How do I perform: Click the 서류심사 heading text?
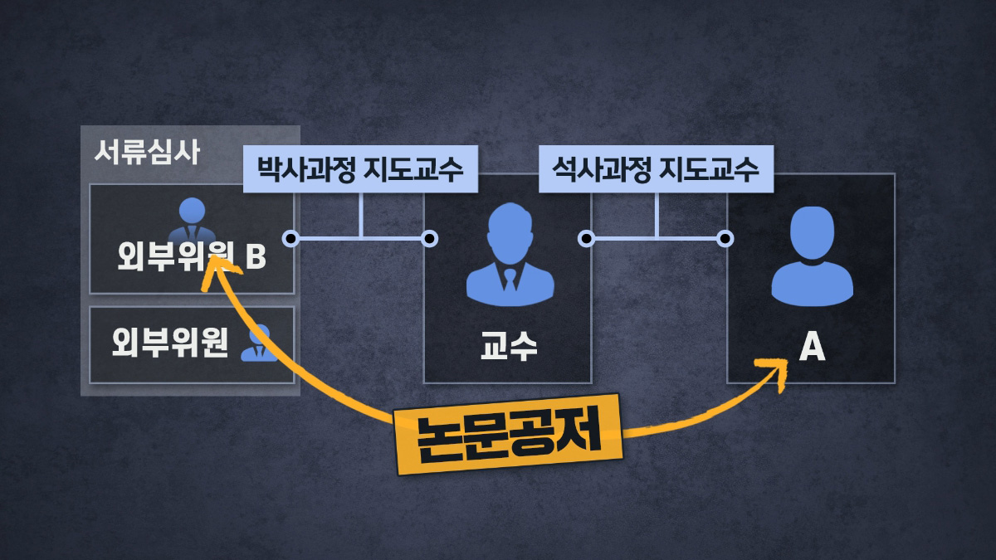147,153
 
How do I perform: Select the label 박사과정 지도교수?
359,172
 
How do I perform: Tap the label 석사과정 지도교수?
656,172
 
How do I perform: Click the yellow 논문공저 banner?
508,433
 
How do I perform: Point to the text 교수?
509,345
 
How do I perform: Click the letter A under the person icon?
811,348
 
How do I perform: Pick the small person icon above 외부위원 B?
193,219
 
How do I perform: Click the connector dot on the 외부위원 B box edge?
290,239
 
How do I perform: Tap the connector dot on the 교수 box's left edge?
429,239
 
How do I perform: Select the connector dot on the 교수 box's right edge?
586,239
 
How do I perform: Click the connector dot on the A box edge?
726,239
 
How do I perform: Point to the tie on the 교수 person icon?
510,279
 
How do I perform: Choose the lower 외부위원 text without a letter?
170,343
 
